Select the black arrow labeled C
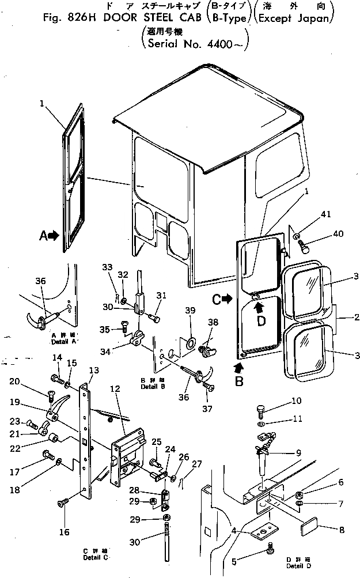coord(228,299)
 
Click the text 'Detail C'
coord(95,559)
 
